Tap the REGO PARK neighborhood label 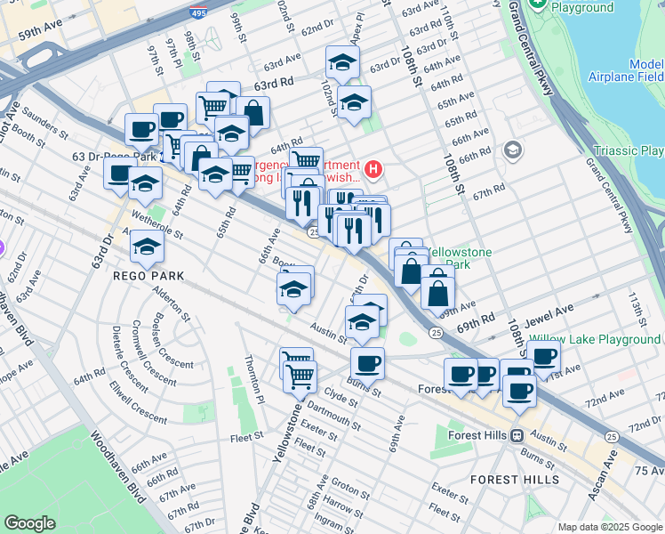click(x=148, y=276)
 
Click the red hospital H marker click(x=374, y=168)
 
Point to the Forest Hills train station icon click(x=515, y=435)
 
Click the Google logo click(x=30, y=523)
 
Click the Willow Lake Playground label click(x=595, y=339)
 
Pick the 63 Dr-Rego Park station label click(x=114, y=157)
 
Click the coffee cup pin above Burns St click(x=367, y=363)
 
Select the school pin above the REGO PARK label click(x=147, y=247)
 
